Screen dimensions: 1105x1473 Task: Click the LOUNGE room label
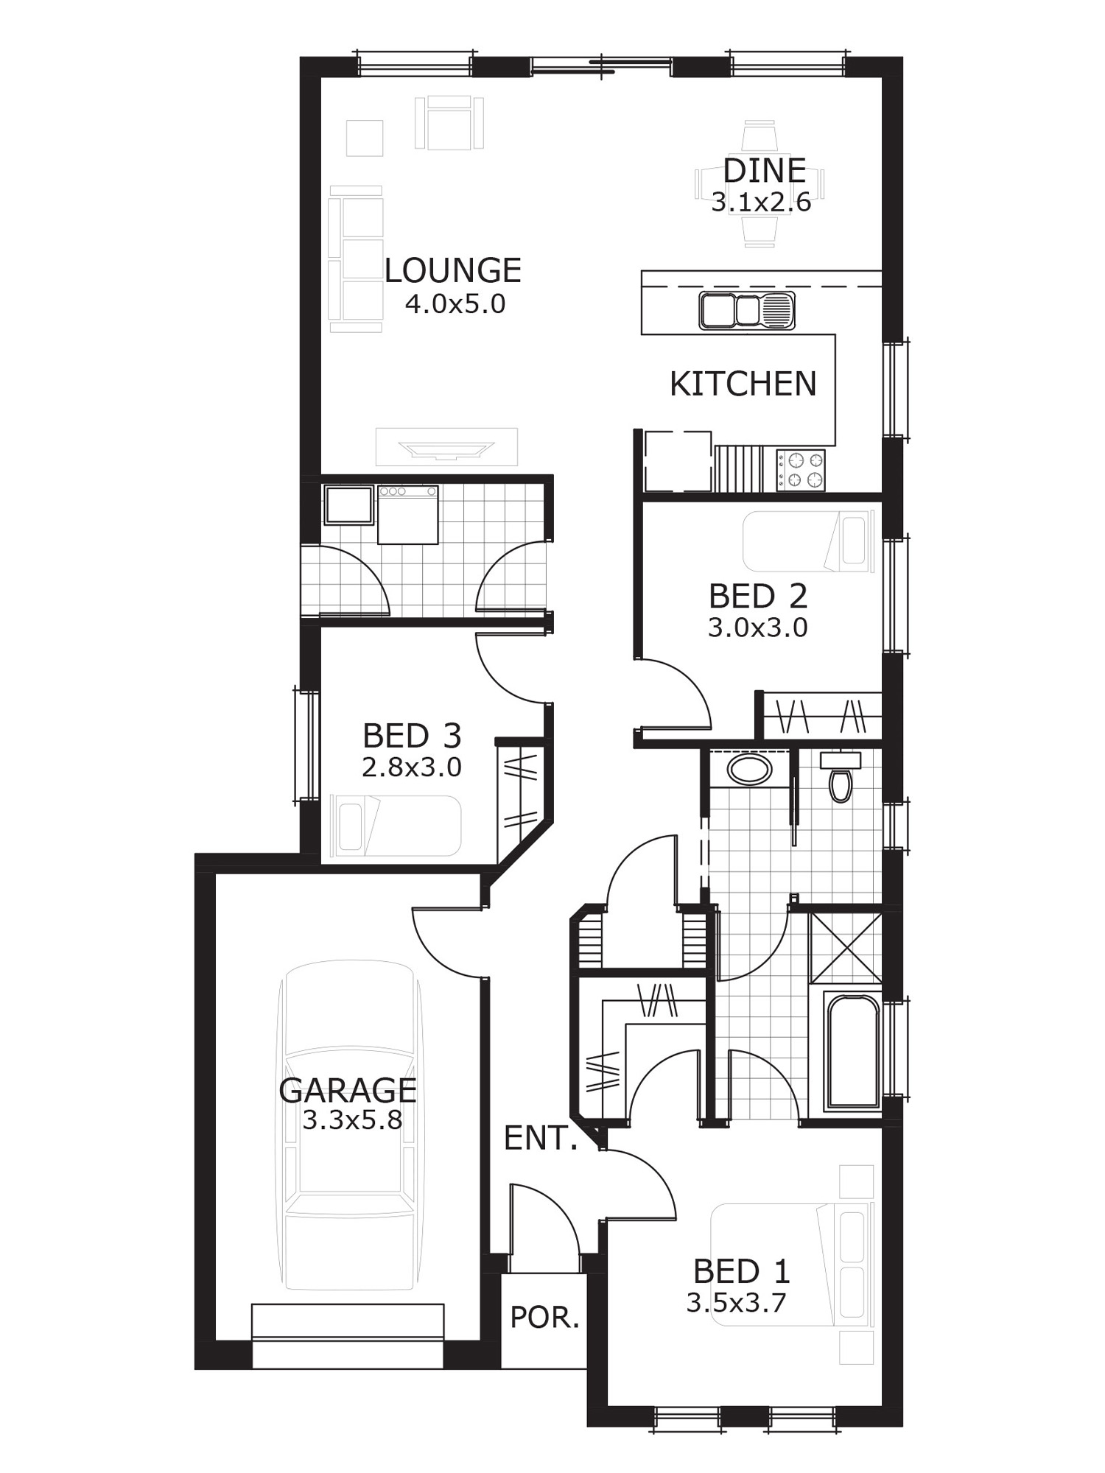pos(453,270)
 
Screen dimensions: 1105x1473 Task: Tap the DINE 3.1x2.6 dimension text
pos(761,202)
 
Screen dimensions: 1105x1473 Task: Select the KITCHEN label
pos(743,384)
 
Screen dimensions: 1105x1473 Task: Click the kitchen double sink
pos(747,310)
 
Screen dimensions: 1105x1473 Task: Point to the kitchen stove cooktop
pos(800,470)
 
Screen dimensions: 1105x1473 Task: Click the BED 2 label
pos(758,596)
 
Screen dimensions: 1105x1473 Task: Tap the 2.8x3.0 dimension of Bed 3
pos(411,767)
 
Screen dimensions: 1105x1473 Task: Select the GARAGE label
pos(348,1090)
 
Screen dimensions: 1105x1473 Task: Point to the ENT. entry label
pos(541,1139)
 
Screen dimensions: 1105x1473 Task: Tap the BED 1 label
pos(741,1271)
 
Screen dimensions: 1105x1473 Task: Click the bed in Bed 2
pos(808,542)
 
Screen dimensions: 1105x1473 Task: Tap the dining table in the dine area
pos(760,184)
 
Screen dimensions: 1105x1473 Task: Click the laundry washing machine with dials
pos(407,514)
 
